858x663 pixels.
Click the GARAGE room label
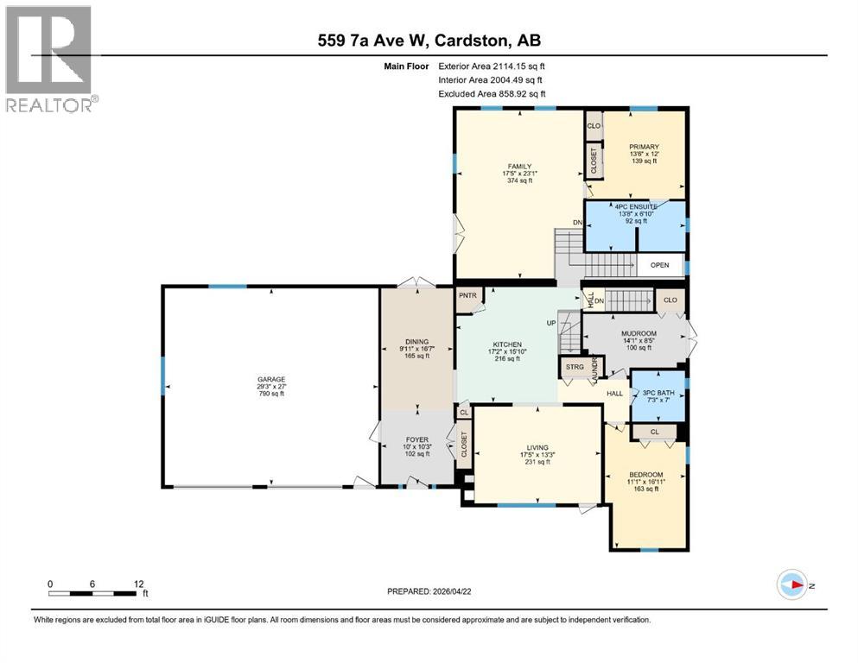click(x=270, y=379)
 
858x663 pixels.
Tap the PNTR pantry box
click(x=467, y=296)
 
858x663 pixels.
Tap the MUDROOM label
click(x=639, y=333)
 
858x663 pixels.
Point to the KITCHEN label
click(x=507, y=344)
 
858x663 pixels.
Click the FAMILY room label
click(x=519, y=167)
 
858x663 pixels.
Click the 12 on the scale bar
click(x=138, y=583)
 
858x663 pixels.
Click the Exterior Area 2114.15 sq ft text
click(x=493, y=66)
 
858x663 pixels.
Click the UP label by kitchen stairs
click(x=550, y=323)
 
